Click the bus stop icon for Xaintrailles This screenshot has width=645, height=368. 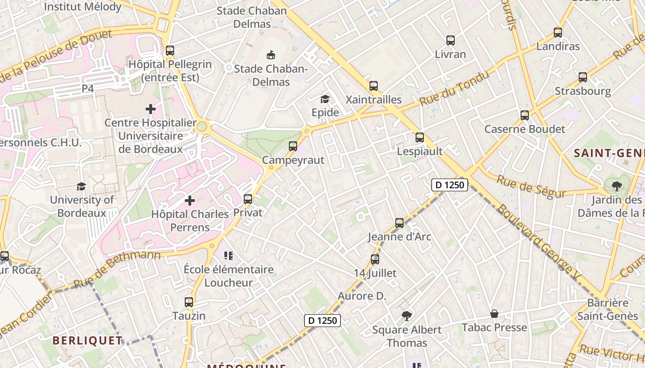(374, 86)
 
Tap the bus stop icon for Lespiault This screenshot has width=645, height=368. (420, 137)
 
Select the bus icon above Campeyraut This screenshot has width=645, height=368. (293, 146)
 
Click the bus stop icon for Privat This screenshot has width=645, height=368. (248, 199)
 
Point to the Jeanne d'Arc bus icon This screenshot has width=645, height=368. (399, 223)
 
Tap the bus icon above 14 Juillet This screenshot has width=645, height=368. (375, 259)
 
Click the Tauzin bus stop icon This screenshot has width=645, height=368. (189, 302)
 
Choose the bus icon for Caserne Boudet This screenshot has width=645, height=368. (525, 115)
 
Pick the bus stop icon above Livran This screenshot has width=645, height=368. (451, 40)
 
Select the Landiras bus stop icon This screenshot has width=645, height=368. (558, 33)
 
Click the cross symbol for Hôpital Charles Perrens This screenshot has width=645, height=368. (190, 201)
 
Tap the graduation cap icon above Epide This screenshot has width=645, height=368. (325, 99)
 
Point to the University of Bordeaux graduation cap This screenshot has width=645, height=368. (82, 186)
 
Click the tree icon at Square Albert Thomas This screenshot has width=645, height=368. (406, 316)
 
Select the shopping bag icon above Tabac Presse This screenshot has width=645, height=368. (494, 314)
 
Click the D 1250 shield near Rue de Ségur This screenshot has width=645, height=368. (450, 185)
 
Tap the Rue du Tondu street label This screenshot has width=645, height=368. (453, 88)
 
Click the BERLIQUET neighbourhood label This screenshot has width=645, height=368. (88, 340)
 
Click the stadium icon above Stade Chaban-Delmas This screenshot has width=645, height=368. (271, 55)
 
